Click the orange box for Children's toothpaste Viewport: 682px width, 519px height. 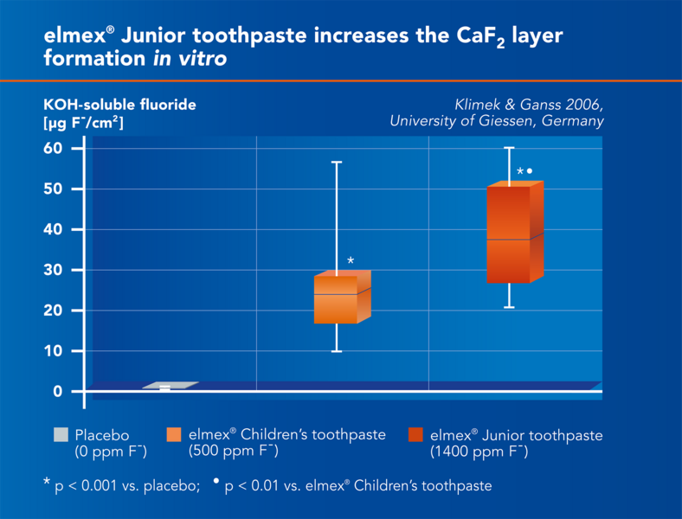pos(337,298)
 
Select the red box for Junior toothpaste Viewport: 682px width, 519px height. pos(508,234)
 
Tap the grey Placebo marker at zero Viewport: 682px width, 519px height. pos(165,388)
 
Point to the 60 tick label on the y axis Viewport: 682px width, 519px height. pos(54,148)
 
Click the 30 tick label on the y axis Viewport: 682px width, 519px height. pos(54,270)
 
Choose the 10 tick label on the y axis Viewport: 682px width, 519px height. pos(54,351)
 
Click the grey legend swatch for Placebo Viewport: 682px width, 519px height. pos(61,435)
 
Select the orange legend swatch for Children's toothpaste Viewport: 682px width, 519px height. pos(174,435)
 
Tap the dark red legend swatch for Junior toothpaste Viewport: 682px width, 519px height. pos(416,435)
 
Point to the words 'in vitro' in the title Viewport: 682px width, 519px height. pos(196,60)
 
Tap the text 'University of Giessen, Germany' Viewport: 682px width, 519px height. pos(496,121)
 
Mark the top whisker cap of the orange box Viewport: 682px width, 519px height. pos(338,162)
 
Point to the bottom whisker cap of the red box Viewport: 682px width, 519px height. pos(509,307)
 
